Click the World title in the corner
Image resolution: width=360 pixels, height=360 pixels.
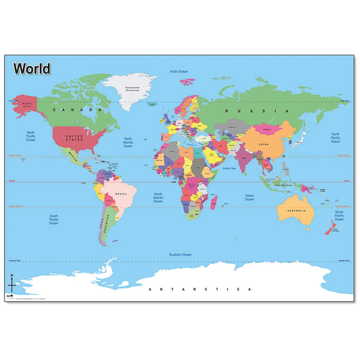(32, 69)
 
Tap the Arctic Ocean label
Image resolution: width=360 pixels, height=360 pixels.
(179, 71)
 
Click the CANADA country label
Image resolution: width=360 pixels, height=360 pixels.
(78, 110)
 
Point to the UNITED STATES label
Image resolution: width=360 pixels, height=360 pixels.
(74, 138)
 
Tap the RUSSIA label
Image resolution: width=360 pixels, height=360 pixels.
(257, 111)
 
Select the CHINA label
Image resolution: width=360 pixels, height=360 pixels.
(263, 144)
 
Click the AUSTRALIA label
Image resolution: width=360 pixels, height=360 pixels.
(296, 211)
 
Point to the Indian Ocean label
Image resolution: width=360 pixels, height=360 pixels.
(250, 197)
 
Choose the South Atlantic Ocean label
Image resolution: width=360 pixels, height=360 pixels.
(158, 197)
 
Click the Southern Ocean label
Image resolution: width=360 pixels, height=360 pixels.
(180, 254)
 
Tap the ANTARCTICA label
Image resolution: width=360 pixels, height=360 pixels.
(200, 289)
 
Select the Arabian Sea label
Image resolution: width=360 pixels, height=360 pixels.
(229, 168)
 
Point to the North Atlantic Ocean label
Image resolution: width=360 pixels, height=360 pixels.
(128, 142)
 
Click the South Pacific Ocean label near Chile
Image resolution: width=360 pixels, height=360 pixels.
(54, 219)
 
